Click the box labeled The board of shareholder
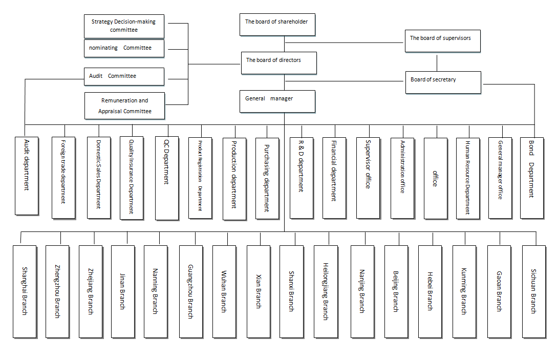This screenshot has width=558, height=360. point(277,25)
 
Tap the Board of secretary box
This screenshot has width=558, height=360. point(443,82)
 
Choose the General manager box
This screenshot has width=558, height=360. point(277,101)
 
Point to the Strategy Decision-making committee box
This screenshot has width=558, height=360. point(124,26)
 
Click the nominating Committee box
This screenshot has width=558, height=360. point(124,49)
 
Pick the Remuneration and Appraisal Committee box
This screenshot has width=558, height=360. point(125,106)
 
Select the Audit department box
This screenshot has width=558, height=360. point(27,176)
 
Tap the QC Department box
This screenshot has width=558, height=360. point(166,178)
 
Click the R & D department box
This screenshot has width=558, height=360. point(301,178)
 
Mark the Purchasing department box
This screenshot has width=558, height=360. point(267,178)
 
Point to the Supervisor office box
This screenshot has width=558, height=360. point(368,178)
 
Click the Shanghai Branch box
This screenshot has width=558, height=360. point(25,291)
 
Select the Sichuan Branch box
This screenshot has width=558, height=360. point(533,291)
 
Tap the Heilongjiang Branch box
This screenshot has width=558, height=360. point(326,291)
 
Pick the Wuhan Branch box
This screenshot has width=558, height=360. point(224,291)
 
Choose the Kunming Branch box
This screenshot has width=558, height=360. point(464,291)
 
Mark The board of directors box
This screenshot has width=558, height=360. point(279,63)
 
